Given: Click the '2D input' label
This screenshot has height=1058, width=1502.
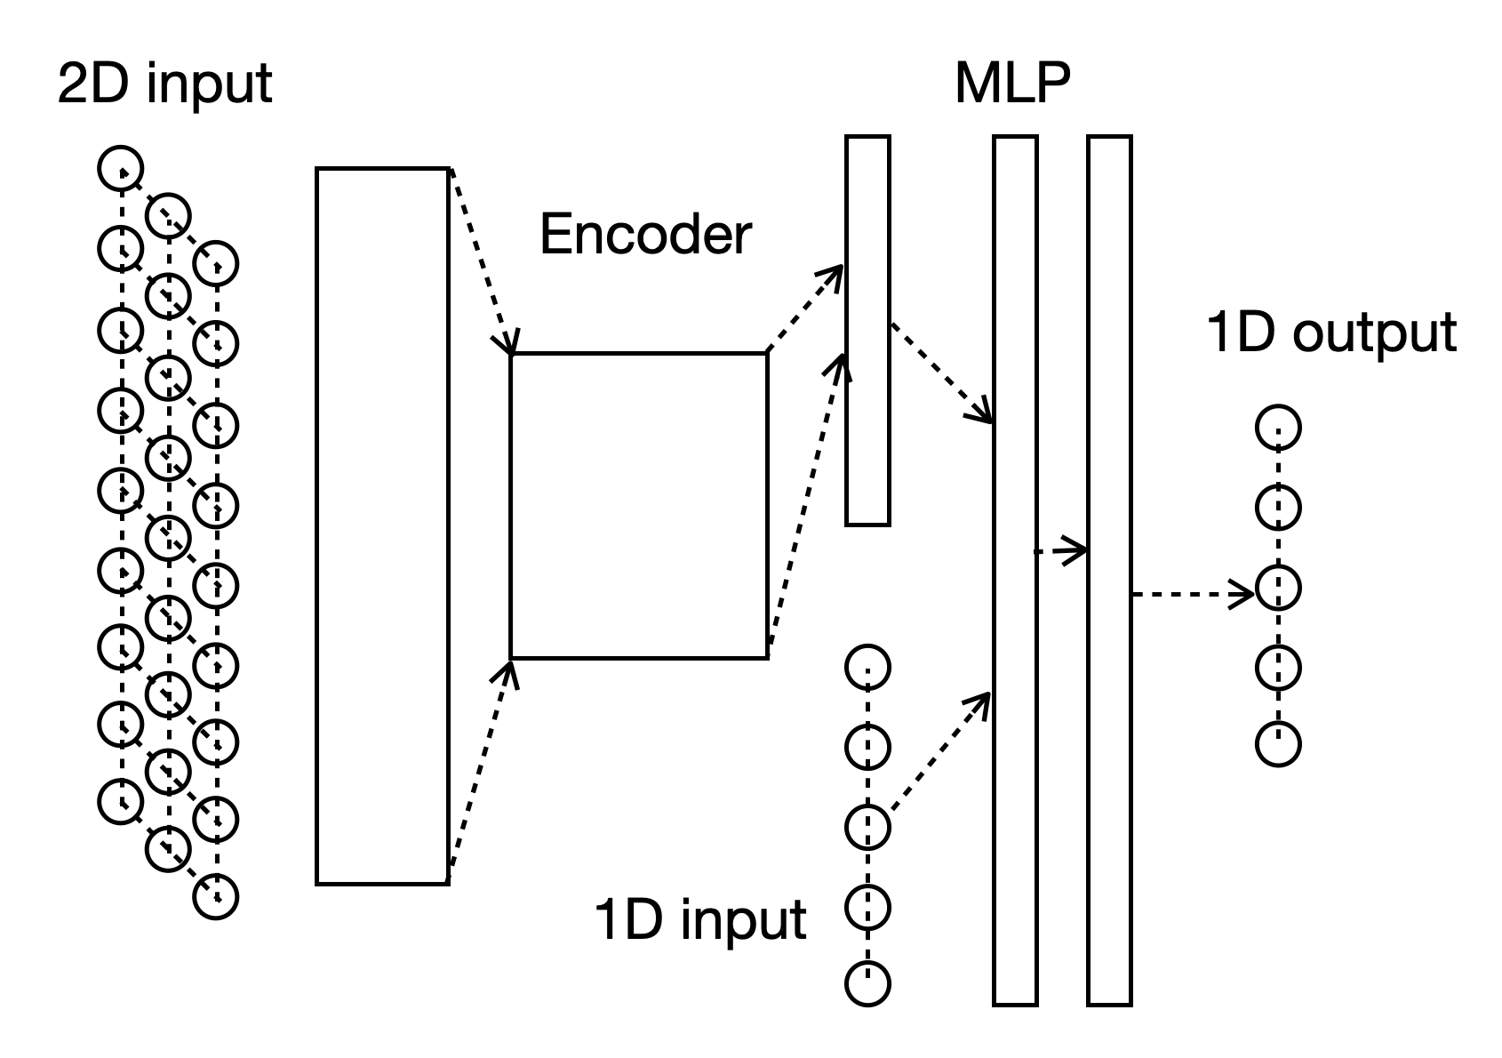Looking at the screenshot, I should coord(164,84).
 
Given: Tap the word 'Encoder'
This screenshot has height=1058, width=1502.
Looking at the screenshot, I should coord(645,235).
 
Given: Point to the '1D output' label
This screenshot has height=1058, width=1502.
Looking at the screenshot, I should coord(1330,333).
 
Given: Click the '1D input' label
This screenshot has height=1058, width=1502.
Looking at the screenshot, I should coord(700,919).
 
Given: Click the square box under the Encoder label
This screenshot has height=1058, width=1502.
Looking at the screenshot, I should coord(638,505).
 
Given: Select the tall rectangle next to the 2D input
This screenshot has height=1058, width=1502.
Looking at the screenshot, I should coord(382,525).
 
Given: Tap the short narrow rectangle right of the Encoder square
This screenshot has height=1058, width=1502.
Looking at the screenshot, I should coord(867,330).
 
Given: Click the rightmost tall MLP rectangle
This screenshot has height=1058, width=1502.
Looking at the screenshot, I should coord(1108,570).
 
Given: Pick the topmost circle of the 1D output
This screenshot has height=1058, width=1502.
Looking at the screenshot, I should coord(1278,428).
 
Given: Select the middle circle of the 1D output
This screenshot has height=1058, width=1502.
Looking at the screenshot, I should coord(1278,589).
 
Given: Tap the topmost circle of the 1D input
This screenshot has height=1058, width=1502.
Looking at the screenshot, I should coord(867,667).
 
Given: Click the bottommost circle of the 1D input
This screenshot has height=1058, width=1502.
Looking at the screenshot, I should coord(867,984).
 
